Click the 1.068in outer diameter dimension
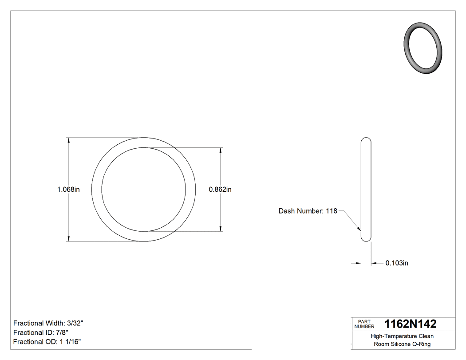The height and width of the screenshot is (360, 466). click(68, 190)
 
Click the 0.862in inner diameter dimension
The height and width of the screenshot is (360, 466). click(220, 190)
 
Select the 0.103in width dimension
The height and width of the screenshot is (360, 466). click(396, 263)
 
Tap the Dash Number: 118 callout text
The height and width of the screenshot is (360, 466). click(308, 211)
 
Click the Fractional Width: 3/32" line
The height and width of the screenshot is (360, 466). click(48, 323)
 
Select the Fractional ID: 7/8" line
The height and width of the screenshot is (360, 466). click(41, 332)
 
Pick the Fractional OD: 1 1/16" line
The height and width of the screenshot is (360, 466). click(47, 342)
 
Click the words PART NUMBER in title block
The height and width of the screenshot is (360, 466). click(364, 324)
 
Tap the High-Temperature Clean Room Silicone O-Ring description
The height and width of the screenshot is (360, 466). click(402, 340)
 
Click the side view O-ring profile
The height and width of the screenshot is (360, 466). click(366, 190)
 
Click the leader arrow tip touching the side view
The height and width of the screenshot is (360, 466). click(359, 230)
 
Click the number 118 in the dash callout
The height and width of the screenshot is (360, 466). click(332, 211)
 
